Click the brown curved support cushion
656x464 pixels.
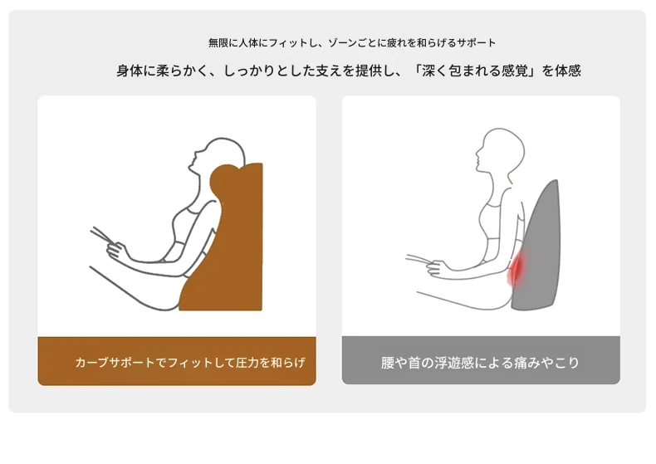pyautogui.click(x=234, y=251)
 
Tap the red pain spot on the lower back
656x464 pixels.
pyautogui.click(x=516, y=270)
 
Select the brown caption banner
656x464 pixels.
pyautogui.click(x=177, y=361)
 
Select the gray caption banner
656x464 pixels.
pyautogui.click(x=481, y=360)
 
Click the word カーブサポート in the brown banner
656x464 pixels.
pyautogui.click(x=115, y=363)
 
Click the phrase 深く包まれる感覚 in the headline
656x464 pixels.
pyautogui.click(x=475, y=71)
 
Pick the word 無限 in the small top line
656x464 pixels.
pyautogui.click(x=218, y=42)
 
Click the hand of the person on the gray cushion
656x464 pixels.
pyautogui.click(x=435, y=268)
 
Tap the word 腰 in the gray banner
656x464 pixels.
pyautogui.click(x=388, y=363)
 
